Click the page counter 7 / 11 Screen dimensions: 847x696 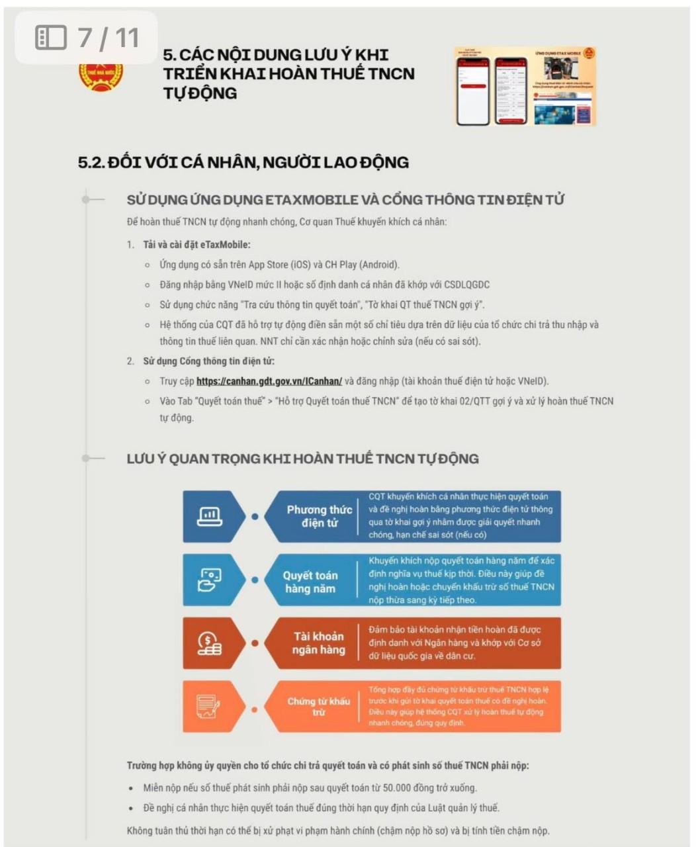pyautogui.click(x=109, y=38)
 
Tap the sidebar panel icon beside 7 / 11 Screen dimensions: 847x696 pyautogui.click(x=51, y=38)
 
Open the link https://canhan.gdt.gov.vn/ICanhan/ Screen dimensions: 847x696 pyautogui.click(x=269, y=381)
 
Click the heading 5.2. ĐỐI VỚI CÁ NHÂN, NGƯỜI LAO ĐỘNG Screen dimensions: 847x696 pyautogui.click(x=243, y=162)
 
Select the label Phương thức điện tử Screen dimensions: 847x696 pyautogui.click(x=319, y=516)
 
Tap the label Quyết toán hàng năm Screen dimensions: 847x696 pyautogui.click(x=310, y=582)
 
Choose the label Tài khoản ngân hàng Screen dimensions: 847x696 pyautogui.click(x=319, y=643)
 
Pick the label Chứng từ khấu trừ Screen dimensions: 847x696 pyautogui.click(x=318, y=707)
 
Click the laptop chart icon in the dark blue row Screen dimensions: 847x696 pyautogui.click(x=210, y=516)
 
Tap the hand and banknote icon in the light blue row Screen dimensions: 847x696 pyautogui.click(x=210, y=580)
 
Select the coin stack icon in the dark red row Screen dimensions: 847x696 pyautogui.click(x=210, y=643)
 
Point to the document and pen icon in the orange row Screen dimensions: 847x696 pyautogui.click(x=208, y=706)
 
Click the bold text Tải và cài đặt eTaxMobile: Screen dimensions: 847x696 pyautogui.click(x=196, y=245)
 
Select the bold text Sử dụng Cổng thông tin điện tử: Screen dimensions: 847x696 pyautogui.click(x=208, y=361)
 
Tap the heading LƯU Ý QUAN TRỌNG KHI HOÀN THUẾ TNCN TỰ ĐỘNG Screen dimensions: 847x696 pyautogui.click(x=302, y=459)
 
